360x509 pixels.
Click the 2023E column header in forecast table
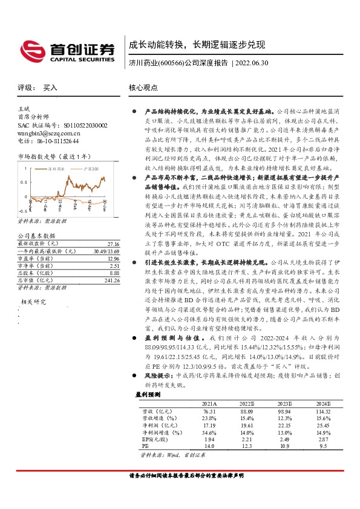284,403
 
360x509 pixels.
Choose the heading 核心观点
143,87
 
